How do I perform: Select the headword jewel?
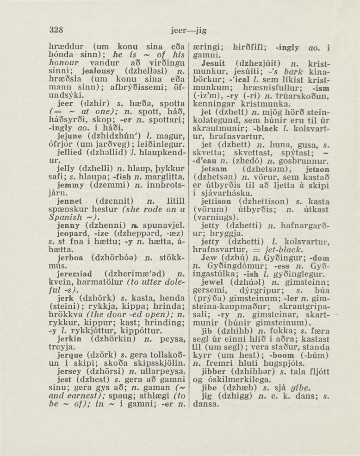213,282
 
